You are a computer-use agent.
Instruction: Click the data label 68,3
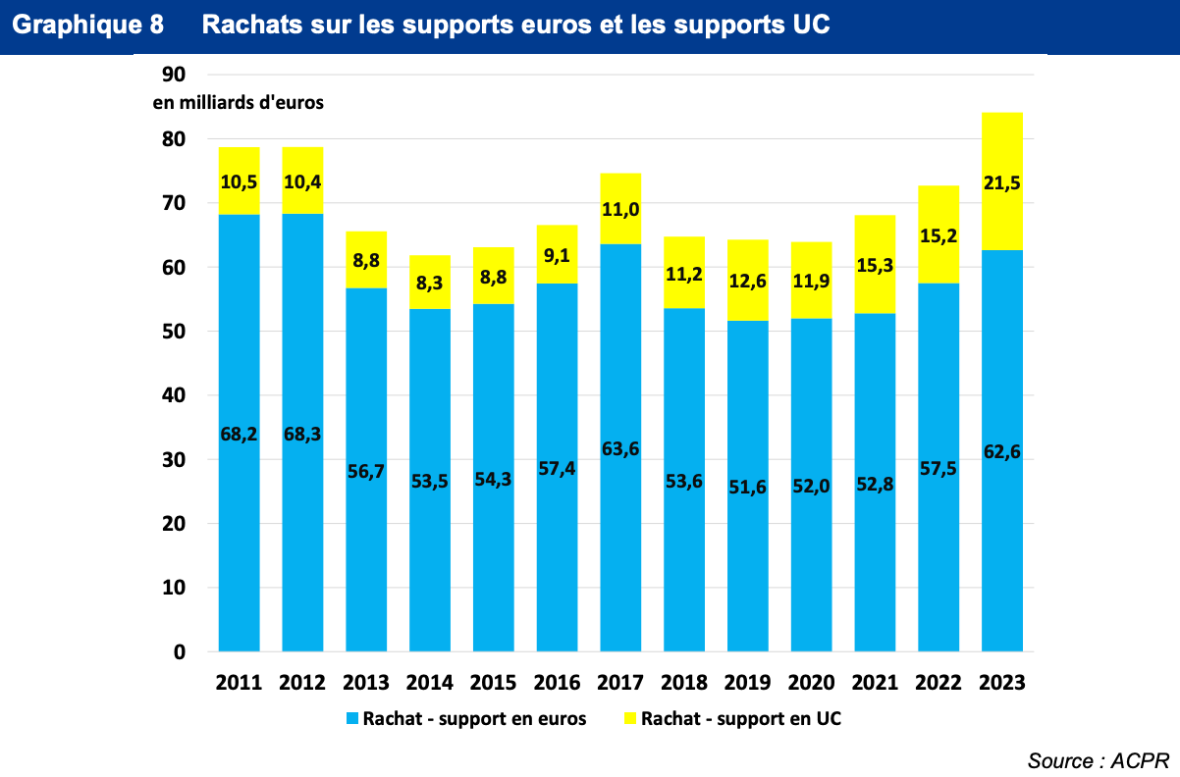pos(302,433)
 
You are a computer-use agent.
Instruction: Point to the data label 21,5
pos(1002,181)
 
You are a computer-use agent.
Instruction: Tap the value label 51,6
pos(748,486)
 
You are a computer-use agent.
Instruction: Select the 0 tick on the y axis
pos(180,652)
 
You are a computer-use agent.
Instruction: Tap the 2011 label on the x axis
pos(239,683)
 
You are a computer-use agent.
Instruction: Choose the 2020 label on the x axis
pos(812,683)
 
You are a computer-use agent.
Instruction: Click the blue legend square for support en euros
pos(352,719)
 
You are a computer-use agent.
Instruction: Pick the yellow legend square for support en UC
pos(630,719)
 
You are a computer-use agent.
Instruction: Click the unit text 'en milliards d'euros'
pos(238,103)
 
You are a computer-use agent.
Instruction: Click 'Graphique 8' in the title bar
pos(88,26)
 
